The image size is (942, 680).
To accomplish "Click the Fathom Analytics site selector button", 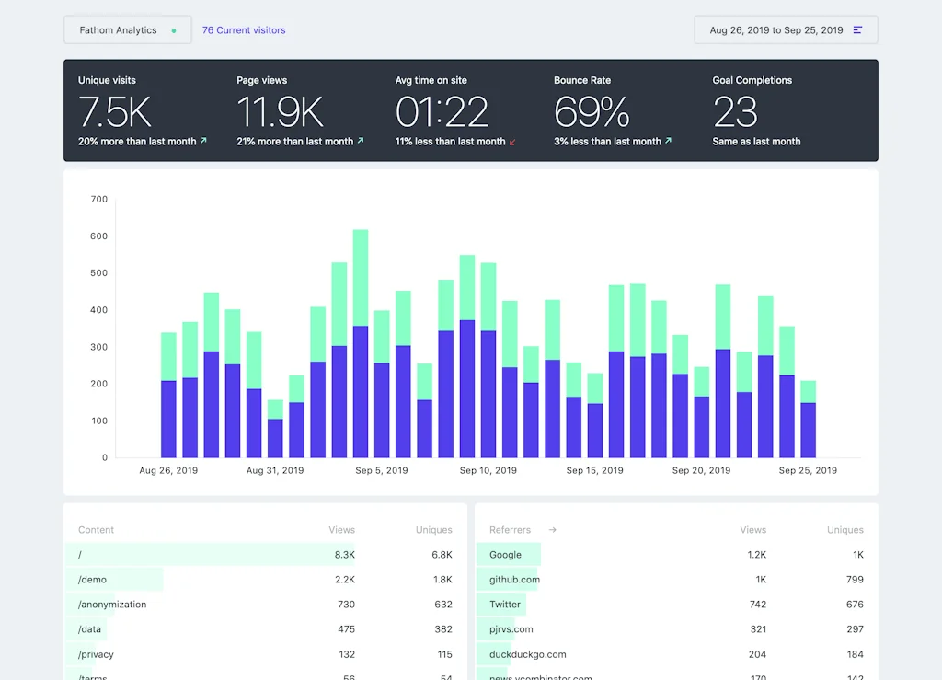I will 127,30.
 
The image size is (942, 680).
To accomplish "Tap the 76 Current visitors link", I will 244,30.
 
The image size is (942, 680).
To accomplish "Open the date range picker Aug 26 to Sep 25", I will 786,30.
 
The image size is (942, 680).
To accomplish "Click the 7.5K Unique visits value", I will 115,112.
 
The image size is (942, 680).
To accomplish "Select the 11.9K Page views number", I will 280,112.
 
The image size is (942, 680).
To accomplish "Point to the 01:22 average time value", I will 442,112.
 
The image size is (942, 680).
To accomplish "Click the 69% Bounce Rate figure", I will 592,112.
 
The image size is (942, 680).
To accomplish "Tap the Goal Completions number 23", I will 735,112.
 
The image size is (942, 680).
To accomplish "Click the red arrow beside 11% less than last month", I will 512,142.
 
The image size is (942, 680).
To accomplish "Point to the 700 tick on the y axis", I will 98,199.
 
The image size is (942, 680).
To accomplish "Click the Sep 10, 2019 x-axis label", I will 488,470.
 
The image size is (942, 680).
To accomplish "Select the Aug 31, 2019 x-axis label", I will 275,470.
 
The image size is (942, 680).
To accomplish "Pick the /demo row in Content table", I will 93,580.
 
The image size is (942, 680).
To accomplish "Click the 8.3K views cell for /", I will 344,555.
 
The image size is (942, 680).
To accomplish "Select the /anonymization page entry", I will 112,605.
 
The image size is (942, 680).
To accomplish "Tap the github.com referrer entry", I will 514,580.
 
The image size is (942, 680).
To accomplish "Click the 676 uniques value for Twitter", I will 855,605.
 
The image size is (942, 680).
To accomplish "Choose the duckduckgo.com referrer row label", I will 527,654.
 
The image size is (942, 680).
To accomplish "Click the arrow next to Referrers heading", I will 553,530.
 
